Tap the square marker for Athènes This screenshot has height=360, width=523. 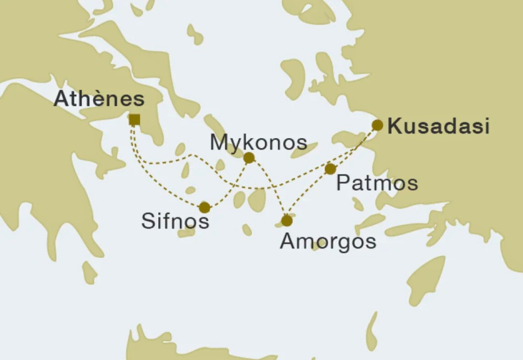click(x=134, y=120)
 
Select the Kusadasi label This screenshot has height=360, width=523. click(x=438, y=127)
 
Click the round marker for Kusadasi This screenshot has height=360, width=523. click(x=377, y=125)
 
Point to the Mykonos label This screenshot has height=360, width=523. click(x=258, y=143)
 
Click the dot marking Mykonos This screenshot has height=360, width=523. click(x=249, y=158)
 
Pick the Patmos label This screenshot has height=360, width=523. click(x=377, y=183)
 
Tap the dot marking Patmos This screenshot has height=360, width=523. click(x=330, y=169)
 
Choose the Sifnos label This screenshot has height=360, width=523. click(x=175, y=221)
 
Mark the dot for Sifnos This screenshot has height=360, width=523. click(x=205, y=208)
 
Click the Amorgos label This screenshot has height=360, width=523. click(x=328, y=241)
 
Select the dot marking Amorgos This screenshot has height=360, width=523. click(x=287, y=221)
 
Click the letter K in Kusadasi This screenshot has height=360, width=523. click(x=394, y=127)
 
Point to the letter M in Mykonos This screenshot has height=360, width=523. click(x=218, y=143)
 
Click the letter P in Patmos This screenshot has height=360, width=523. click(x=343, y=183)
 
